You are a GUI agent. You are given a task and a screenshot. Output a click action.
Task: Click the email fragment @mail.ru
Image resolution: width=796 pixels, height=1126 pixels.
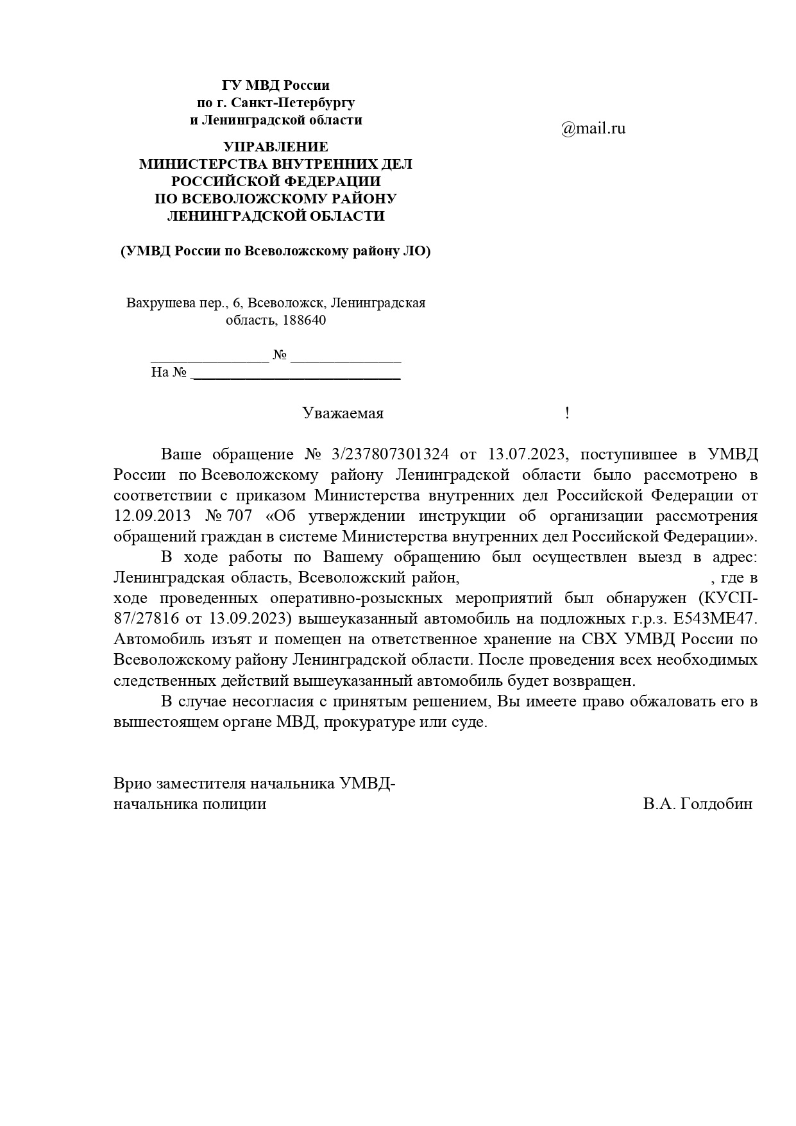coord(593,128)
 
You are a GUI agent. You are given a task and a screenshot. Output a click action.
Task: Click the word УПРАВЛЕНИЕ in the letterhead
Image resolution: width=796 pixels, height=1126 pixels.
coord(275,147)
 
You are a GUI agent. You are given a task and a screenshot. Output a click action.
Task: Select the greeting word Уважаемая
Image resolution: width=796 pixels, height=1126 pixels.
coord(343,414)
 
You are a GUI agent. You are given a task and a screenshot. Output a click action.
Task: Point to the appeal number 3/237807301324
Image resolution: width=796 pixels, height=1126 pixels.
coord(391,455)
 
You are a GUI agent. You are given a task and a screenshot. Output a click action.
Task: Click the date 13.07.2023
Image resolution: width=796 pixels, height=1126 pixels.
coord(527,455)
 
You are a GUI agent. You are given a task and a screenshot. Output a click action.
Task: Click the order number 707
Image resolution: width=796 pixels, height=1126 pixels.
coord(240,516)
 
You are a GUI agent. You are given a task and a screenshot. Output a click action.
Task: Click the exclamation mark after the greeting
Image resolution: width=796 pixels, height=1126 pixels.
coord(567,414)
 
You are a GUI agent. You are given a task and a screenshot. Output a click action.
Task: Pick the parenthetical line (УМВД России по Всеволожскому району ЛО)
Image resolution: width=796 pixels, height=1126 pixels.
coord(275,252)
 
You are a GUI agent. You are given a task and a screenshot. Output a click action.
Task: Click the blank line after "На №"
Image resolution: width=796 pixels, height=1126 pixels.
coord(296,373)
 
